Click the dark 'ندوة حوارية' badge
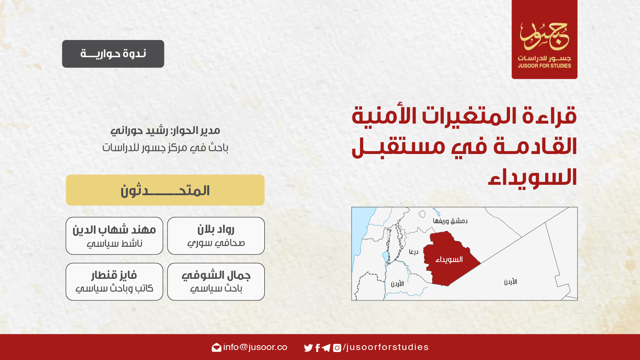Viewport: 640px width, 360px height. (x=113, y=54)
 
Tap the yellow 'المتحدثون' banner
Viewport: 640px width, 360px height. (x=165, y=190)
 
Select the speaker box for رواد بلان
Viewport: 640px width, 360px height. (x=216, y=236)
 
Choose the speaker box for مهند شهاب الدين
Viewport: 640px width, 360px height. (x=114, y=236)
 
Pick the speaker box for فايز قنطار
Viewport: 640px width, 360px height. (x=114, y=282)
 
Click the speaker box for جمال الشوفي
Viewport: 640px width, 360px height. (x=216, y=282)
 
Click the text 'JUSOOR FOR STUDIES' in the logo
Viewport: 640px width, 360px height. (x=544, y=66)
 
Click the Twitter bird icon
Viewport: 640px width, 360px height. (x=308, y=348)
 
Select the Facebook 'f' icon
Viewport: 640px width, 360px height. (x=318, y=348)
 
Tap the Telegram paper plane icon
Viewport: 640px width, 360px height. (x=326, y=348)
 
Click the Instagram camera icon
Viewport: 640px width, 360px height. (x=337, y=348)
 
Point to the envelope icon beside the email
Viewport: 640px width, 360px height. (x=216, y=348)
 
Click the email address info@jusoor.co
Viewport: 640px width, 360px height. (x=255, y=347)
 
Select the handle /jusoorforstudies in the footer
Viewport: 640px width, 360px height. (x=386, y=347)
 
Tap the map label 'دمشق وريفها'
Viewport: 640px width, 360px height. (x=450, y=221)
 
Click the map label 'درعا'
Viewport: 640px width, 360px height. (x=414, y=252)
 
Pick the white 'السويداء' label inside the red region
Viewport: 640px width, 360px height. (x=449, y=260)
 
